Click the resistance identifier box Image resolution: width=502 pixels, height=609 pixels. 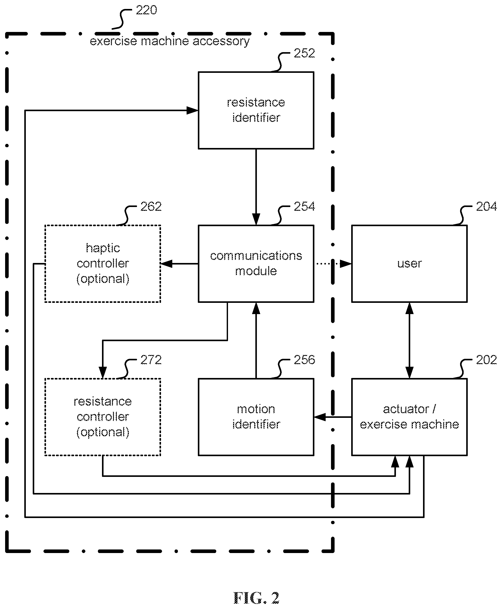click(x=256, y=110)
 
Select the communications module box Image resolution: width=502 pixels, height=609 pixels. click(x=256, y=263)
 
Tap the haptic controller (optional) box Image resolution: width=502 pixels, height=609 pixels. click(x=103, y=263)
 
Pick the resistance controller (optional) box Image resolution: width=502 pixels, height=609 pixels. click(x=103, y=417)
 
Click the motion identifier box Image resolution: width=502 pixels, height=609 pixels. click(x=256, y=417)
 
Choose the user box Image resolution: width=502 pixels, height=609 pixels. click(x=409, y=263)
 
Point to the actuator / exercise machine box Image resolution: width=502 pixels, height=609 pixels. click(x=409, y=417)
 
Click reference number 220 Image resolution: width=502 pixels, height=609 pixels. click(x=146, y=10)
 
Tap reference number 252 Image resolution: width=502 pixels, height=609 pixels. click(x=304, y=53)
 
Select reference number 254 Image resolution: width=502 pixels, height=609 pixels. click(x=304, y=206)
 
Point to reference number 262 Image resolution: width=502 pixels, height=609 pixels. click(x=151, y=206)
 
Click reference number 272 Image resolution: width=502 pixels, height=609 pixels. click(x=151, y=360)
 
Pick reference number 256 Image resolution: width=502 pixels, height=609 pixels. click(x=304, y=360)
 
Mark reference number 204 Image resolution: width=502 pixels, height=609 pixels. click(x=486, y=206)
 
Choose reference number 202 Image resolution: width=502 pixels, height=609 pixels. click(x=486, y=360)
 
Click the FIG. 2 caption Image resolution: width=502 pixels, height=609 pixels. click(x=256, y=598)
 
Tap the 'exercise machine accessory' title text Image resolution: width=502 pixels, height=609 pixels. click(x=170, y=41)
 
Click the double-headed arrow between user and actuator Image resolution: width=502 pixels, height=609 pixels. click(x=409, y=340)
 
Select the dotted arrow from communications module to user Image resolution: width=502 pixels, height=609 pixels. click(x=334, y=263)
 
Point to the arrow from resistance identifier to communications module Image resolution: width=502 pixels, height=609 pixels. click(x=256, y=187)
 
